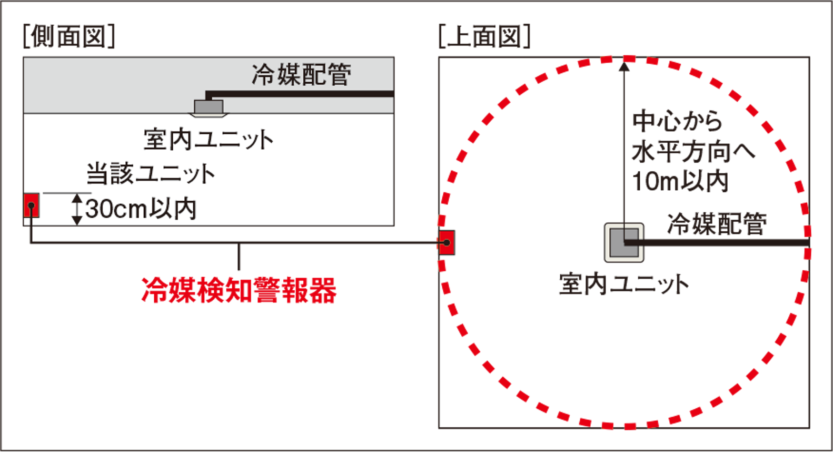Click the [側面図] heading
69,36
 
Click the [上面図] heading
484,36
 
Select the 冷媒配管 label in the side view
302,75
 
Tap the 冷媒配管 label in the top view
717,224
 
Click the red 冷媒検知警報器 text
239,291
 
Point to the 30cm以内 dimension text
141,209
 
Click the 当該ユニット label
151,174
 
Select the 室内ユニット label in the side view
209,140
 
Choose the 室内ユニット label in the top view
624,284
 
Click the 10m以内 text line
680,182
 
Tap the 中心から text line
678,121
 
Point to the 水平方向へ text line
693,152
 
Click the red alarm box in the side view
31,205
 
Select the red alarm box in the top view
447,242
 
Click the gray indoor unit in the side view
209,107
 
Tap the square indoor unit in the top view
624,242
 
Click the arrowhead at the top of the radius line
624,66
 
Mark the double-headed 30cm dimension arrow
76,209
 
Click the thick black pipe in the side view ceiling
300,94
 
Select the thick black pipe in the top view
717,242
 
